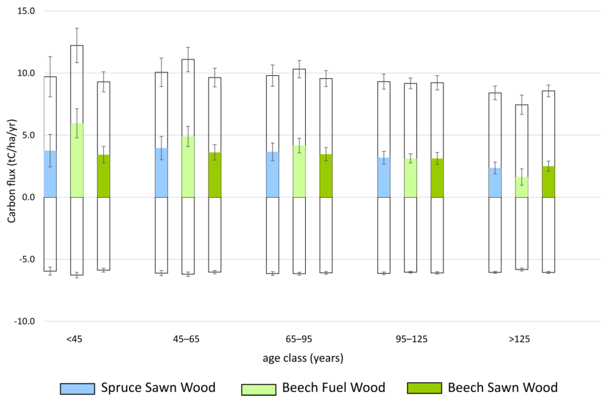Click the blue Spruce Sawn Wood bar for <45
point(50,174)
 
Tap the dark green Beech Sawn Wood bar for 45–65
point(215,175)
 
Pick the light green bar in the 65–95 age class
point(299,171)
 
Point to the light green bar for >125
point(522,187)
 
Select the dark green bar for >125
point(548,182)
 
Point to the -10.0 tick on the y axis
point(25,321)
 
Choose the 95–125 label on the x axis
point(411,339)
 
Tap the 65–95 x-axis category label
point(299,339)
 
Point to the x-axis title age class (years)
point(303,358)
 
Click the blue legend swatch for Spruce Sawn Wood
point(77,389)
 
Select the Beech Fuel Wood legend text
point(333,388)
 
